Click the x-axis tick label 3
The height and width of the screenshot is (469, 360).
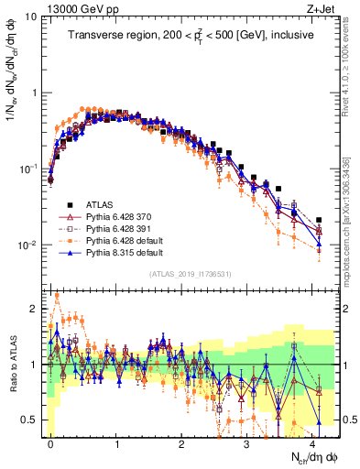coord(246,442)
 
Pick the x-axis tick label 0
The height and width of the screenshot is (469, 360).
coord(50,442)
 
